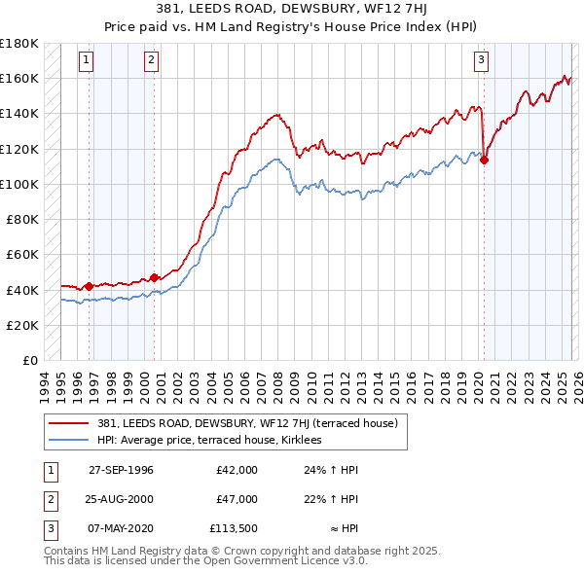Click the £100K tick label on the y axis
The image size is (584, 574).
pyautogui.click(x=19, y=184)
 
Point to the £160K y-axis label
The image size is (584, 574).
pyautogui.click(x=19, y=78)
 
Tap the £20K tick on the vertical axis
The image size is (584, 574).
pyautogui.click(x=22, y=325)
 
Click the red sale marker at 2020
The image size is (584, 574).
pyautogui.click(x=484, y=161)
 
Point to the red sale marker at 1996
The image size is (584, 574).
pyautogui.click(x=90, y=286)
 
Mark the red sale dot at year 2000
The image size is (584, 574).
pyautogui.click(x=154, y=277)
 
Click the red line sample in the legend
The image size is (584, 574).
pyautogui.click(x=70, y=423)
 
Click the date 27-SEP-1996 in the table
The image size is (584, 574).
pyautogui.click(x=121, y=470)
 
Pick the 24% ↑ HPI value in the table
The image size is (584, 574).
pyautogui.click(x=331, y=470)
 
